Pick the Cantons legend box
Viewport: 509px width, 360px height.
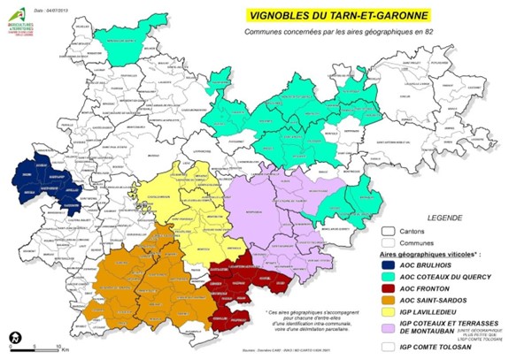388,232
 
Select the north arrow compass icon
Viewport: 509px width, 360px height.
14,338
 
